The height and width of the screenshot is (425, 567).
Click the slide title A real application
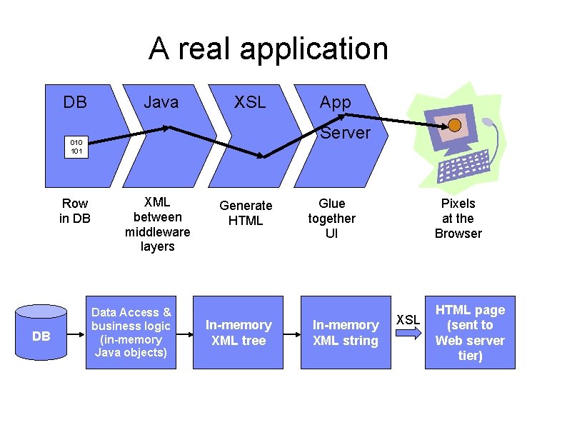[269, 49]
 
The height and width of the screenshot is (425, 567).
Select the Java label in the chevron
[161, 103]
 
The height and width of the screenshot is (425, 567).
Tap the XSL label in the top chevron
[250, 103]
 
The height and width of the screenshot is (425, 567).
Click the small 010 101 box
[76, 146]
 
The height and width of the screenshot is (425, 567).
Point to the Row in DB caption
[75, 211]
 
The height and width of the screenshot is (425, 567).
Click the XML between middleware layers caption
[157, 224]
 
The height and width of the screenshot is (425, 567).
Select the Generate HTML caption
[246, 213]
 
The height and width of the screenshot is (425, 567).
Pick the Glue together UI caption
[331, 219]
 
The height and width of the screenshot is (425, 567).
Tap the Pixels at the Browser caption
[458, 219]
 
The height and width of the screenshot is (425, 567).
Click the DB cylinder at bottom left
[41, 334]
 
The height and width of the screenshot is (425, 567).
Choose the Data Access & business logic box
[131, 332]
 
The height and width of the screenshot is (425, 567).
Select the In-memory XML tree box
[239, 333]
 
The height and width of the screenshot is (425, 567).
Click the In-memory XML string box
[346, 333]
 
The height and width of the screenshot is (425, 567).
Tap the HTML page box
[469, 333]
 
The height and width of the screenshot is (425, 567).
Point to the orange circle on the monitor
[454, 126]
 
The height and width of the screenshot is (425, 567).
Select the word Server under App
[346, 133]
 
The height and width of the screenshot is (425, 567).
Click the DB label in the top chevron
[75, 103]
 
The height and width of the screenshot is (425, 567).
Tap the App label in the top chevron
[335, 103]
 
